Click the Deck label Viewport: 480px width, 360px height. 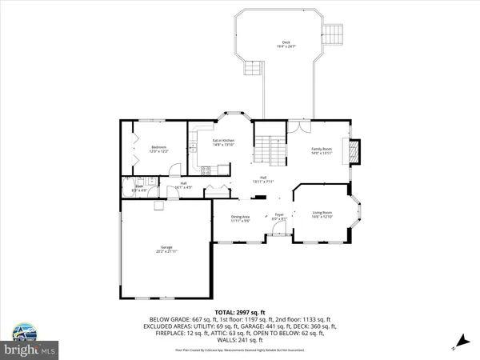pos(286,45)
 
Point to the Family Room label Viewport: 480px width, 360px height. pos(322,150)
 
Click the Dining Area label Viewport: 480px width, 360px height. pos(241,218)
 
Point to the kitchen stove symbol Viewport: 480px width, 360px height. pos(206,169)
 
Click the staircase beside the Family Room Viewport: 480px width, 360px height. pos(270,150)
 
